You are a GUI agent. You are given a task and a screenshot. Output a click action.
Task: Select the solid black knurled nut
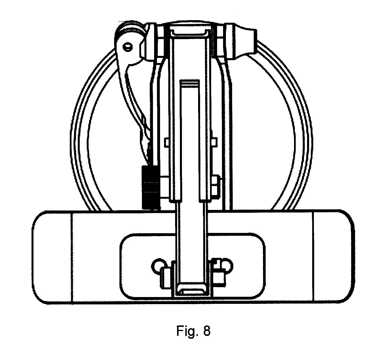point(150,188)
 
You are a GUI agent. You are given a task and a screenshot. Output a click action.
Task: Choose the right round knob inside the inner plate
point(225,266)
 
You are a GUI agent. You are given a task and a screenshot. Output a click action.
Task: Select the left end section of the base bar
point(52,257)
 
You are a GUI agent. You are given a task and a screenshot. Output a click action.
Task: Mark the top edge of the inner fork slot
point(189,81)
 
